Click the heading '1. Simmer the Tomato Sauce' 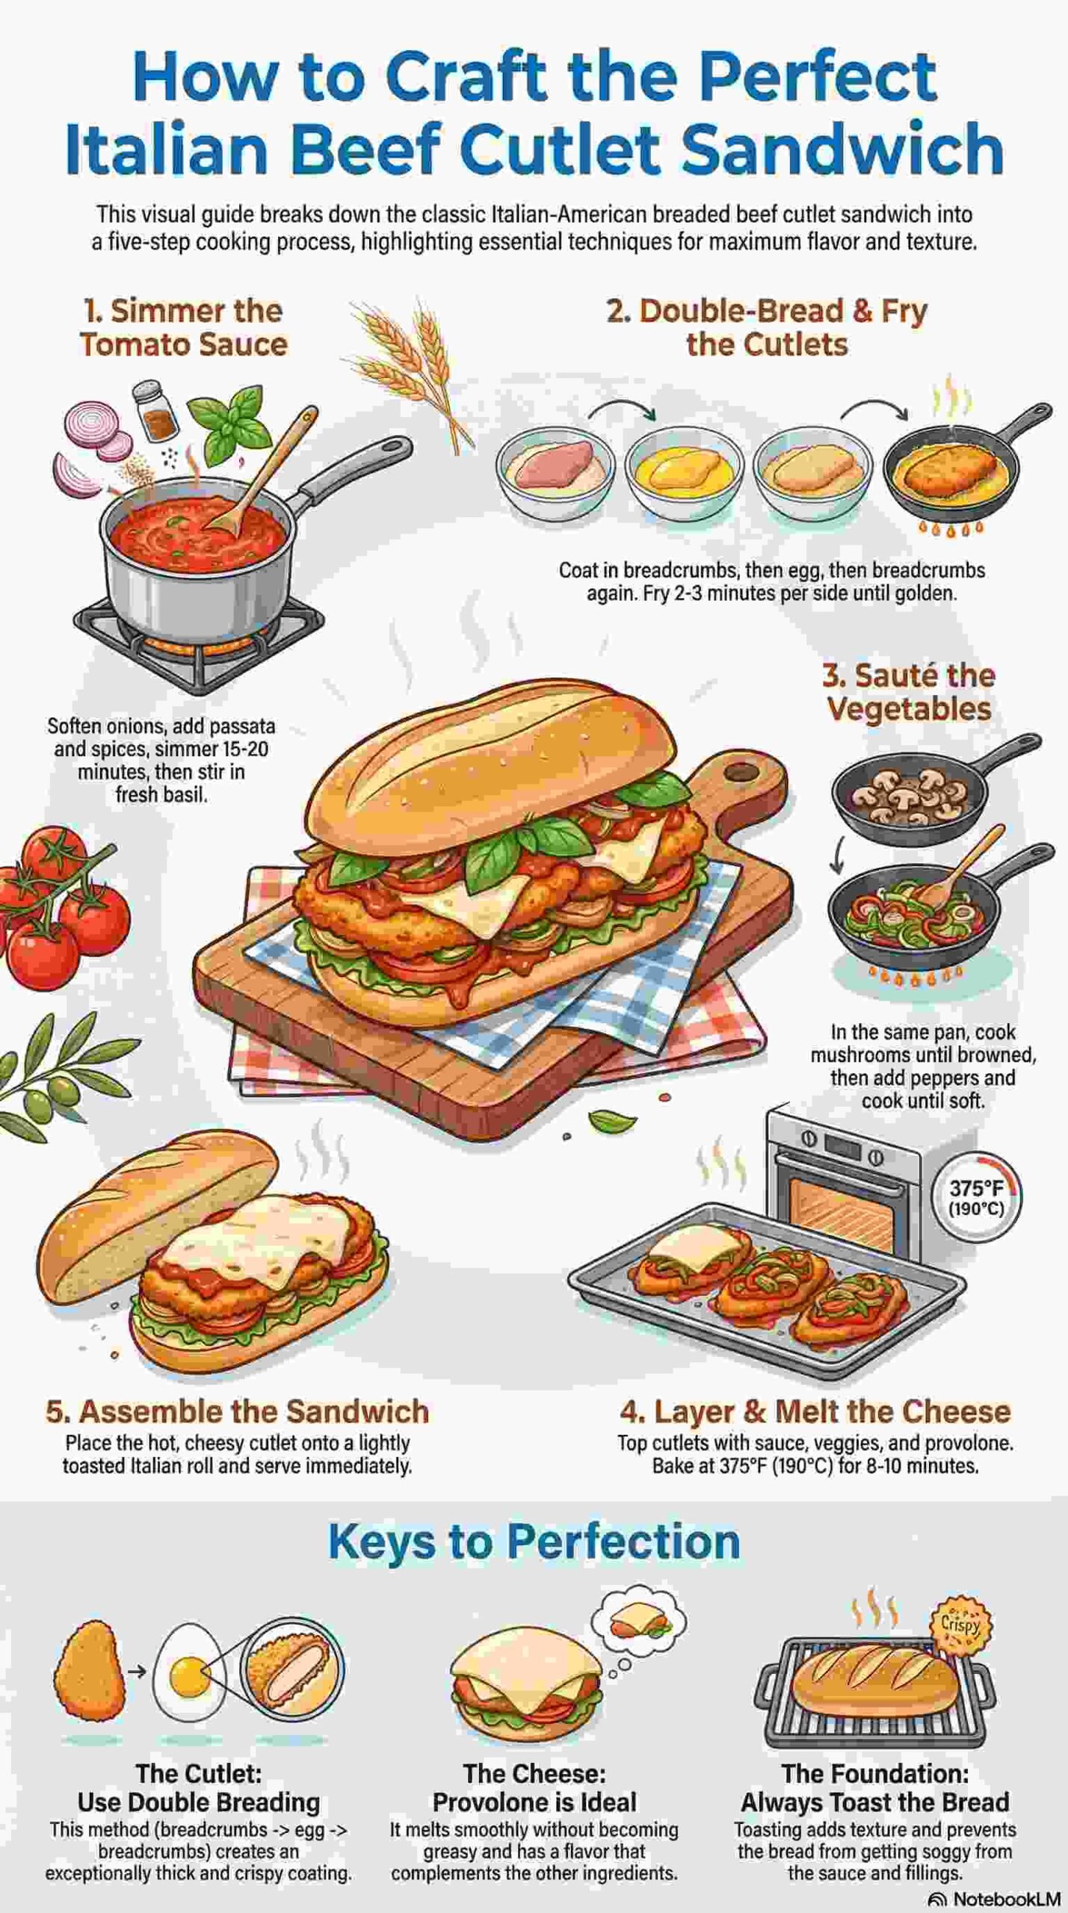(x=183, y=327)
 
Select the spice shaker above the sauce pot (x=155, y=410)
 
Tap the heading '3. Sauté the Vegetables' (x=909, y=692)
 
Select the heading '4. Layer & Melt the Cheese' (x=815, y=1412)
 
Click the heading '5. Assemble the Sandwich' (x=237, y=1412)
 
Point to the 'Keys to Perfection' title (x=534, y=1541)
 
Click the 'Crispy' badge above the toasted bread (x=960, y=1625)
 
